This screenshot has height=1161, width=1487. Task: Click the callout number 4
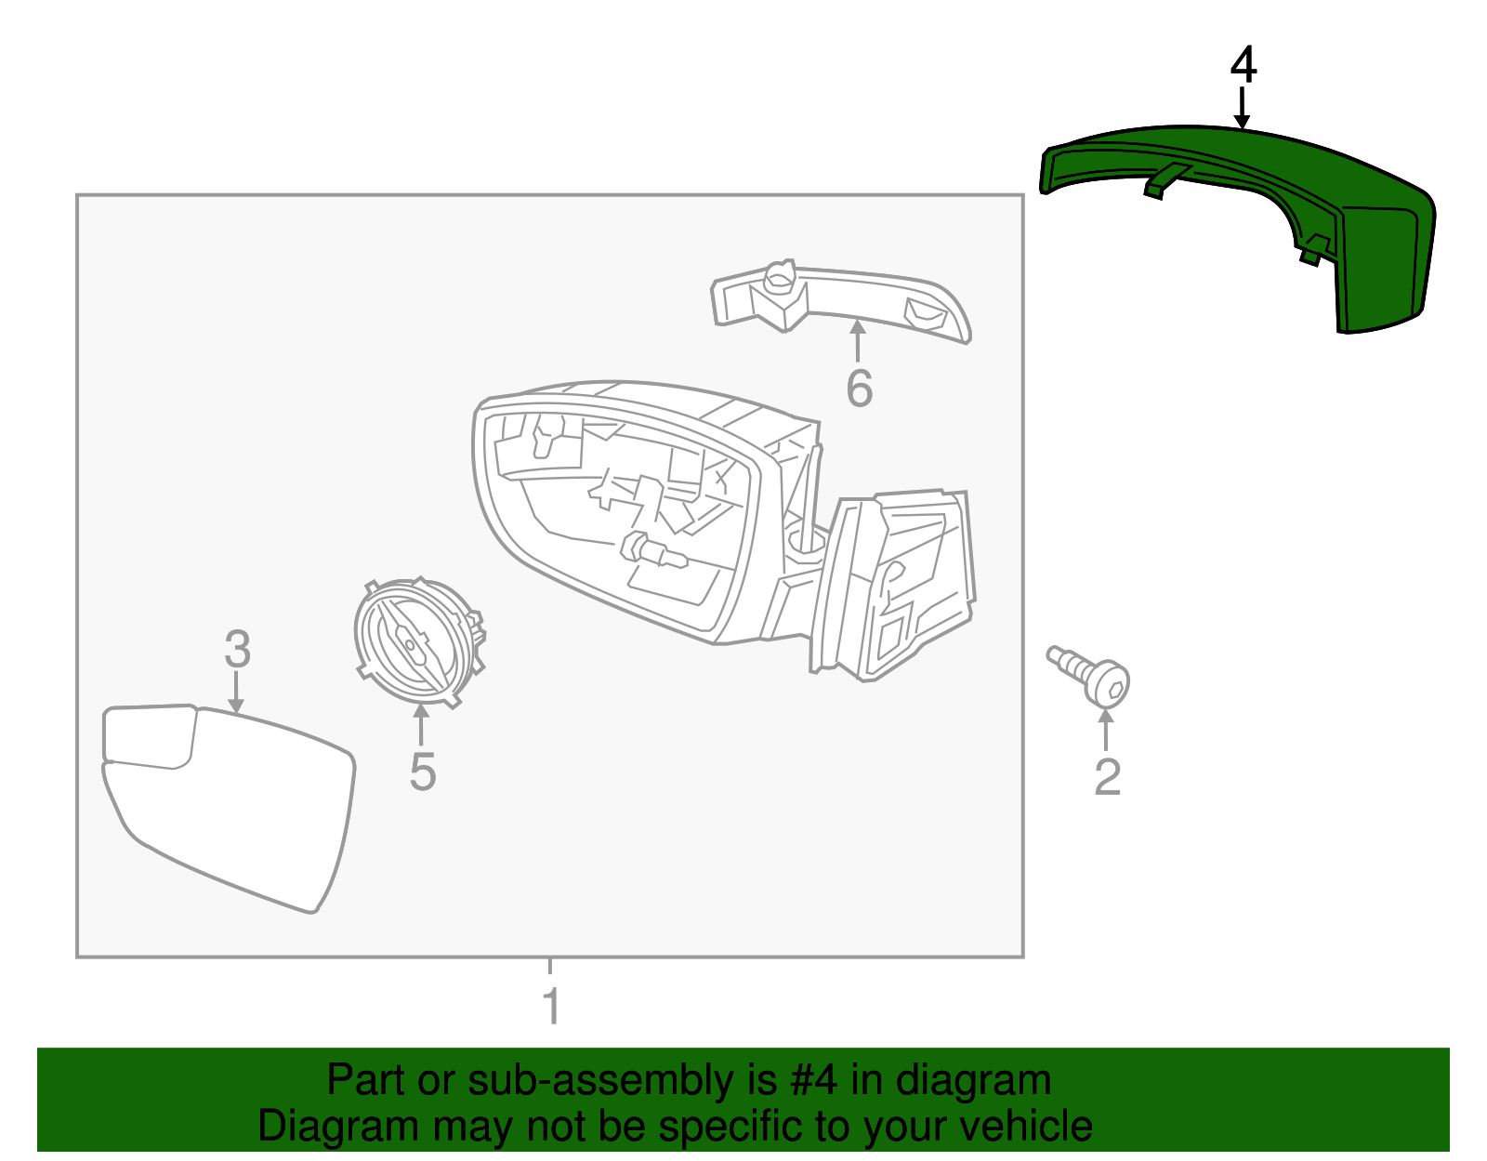point(1243,66)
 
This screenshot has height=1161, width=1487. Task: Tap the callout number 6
point(859,388)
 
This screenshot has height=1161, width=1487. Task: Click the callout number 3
point(237,648)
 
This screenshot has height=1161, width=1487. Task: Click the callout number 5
point(422,771)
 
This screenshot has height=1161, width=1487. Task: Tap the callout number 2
point(1107,776)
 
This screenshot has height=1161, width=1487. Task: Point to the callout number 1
point(551,1006)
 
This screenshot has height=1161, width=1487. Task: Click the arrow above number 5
point(421,725)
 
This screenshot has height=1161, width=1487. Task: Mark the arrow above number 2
point(1106,730)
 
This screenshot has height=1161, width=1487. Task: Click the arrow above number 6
point(857,340)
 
